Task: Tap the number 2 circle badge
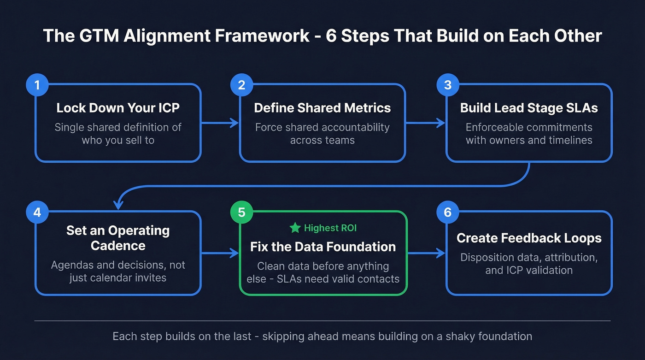(x=241, y=85)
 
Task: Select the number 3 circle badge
(x=448, y=85)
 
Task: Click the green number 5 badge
(x=241, y=212)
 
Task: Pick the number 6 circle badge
(x=448, y=212)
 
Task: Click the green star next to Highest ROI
(x=295, y=228)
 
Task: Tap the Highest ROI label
(x=330, y=228)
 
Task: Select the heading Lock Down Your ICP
(x=118, y=108)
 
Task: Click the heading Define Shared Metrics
(x=322, y=108)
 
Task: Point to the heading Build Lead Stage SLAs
(x=529, y=108)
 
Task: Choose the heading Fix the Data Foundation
(x=322, y=247)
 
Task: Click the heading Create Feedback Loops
(x=529, y=238)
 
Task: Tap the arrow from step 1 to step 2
(x=220, y=123)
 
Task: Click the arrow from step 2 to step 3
(x=425, y=123)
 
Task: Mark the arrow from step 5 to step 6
(x=426, y=253)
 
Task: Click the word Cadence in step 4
(x=118, y=245)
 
